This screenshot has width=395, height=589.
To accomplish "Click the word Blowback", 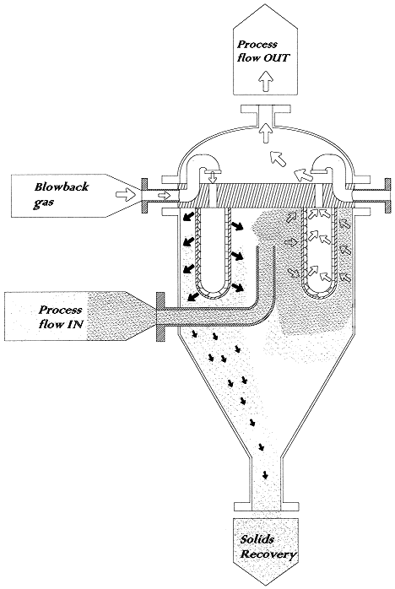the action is (62, 186).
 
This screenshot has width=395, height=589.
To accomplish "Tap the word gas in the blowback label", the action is (43, 203).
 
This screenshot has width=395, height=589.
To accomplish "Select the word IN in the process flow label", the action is (74, 324).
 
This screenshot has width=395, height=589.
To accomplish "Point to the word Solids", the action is (257, 539).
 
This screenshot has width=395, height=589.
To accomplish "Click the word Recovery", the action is (268, 554).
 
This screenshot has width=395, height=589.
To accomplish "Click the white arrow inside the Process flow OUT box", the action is (267, 81).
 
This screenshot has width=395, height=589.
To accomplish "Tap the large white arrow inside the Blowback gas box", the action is (125, 195).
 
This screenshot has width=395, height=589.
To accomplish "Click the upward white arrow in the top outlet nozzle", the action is (267, 132).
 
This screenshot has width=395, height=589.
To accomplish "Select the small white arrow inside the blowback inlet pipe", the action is (164, 195).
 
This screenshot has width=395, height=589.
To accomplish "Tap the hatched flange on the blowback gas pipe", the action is (144, 195).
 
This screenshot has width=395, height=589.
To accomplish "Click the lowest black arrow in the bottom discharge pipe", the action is (265, 474).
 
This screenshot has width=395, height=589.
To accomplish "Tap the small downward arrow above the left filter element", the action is (213, 177).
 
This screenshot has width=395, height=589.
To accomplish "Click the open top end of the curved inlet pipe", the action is (266, 246).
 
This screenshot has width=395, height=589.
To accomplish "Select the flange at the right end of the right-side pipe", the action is (387, 195).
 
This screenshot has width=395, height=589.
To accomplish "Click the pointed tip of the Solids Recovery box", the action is (266, 586).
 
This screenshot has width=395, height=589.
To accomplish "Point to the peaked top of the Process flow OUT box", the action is (265, 4).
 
